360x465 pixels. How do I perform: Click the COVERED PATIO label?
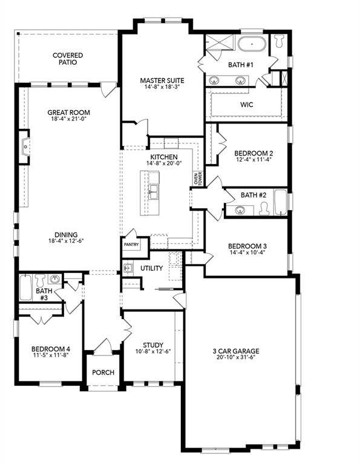click(x=67, y=59)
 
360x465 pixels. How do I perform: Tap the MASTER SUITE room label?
click(x=162, y=80)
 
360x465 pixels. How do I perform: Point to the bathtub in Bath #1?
click(x=250, y=45)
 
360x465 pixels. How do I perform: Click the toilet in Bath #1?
click(x=279, y=42)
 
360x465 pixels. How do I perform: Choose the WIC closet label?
click(x=246, y=105)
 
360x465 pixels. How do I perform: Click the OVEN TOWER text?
click(x=197, y=178)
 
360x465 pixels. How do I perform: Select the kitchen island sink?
click(x=154, y=193)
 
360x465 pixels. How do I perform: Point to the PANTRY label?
click(x=132, y=245)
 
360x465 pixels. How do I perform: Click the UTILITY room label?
click(x=152, y=268)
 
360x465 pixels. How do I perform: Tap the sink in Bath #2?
click(x=241, y=210)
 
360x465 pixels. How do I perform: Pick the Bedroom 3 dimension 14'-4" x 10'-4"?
click(x=247, y=254)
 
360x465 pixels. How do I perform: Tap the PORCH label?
click(x=103, y=372)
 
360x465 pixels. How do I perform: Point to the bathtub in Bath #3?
click(x=25, y=287)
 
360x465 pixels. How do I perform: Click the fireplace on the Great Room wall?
click(x=24, y=147)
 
